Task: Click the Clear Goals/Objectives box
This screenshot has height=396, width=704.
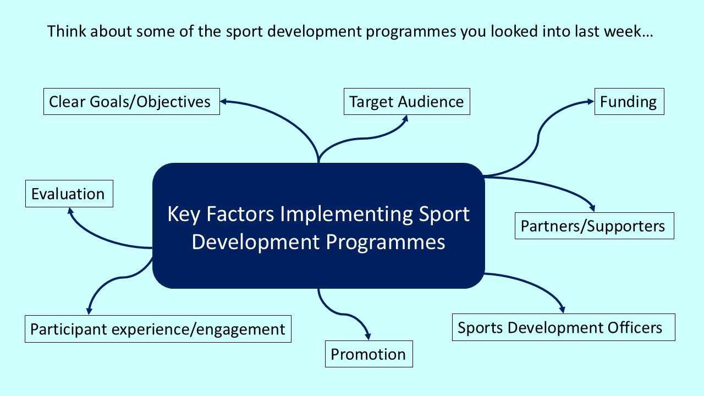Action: click(x=131, y=102)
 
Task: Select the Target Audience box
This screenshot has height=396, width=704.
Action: click(x=406, y=102)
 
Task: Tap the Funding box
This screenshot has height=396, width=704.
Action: click(x=629, y=102)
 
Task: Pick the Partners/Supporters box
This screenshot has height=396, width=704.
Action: click(x=594, y=226)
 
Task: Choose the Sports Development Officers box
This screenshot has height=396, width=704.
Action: click(x=563, y=328)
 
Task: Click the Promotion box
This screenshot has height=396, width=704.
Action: click(x=369, y=354)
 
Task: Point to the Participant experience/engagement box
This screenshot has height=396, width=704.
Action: click(x=158, y=329)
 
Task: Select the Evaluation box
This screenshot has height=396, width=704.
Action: click(x=69, y=194)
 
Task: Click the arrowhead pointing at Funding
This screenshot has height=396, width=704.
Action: click(x=591, y=102)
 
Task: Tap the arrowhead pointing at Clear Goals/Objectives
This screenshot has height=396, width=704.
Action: click(x=224, y=101)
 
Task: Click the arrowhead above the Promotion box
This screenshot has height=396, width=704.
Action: click(x=367, y=337)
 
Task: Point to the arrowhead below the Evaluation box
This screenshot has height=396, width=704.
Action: click(x=70, y=211)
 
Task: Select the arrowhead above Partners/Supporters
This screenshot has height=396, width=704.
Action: click(x=592, y=208)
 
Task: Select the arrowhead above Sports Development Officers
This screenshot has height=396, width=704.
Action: click(x=562, y=309)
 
